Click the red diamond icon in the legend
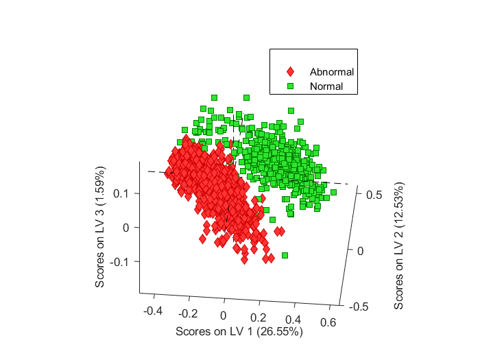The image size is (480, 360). point(291,72)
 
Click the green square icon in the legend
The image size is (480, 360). point(291,87)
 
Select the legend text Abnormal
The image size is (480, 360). point(332,72)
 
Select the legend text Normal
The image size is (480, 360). point(326,87)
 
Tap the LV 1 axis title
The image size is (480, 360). point(239,332)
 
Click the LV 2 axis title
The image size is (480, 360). point(399,245)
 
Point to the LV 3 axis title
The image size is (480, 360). point(101,226)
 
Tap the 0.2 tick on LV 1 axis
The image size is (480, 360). point(259,318)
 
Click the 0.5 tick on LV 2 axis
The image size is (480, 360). point(374,195)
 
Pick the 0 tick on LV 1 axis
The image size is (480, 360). point(223,316)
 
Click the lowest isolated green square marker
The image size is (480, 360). point(285,255)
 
